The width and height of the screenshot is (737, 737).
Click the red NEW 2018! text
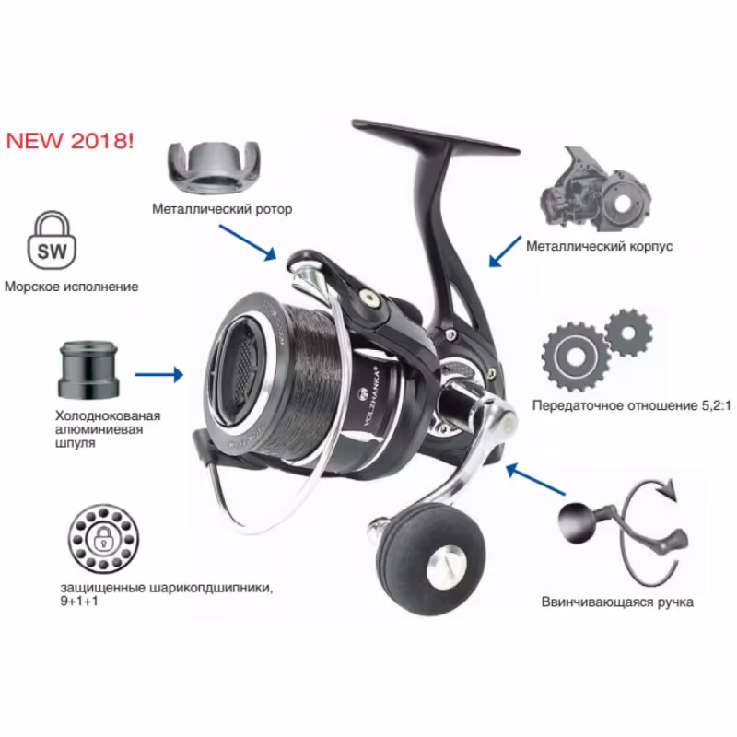[70, 141]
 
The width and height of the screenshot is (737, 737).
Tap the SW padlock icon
[52, 240]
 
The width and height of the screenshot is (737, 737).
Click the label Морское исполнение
[72, 287]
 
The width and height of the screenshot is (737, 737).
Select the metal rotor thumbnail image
[214, 167]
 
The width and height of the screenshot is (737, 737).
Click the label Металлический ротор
[222, 209]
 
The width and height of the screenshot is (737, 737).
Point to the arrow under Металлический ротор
[248, 242]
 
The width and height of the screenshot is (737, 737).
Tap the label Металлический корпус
[600, 246]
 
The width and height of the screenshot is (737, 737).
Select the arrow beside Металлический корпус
[505, 252]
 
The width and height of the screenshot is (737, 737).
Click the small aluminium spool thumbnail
[88, 370]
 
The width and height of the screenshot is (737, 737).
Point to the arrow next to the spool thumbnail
[158, 375]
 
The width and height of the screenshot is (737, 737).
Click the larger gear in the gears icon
[575, 357]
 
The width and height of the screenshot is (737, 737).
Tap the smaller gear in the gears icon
[628, 333]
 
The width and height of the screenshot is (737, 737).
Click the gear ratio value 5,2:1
[716, 405]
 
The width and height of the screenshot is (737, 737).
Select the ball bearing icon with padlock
[103, 539]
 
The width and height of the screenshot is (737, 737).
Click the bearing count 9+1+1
[79, 601]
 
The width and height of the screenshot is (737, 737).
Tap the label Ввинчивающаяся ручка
[617, 602]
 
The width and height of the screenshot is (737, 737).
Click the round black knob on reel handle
[430, 560]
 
